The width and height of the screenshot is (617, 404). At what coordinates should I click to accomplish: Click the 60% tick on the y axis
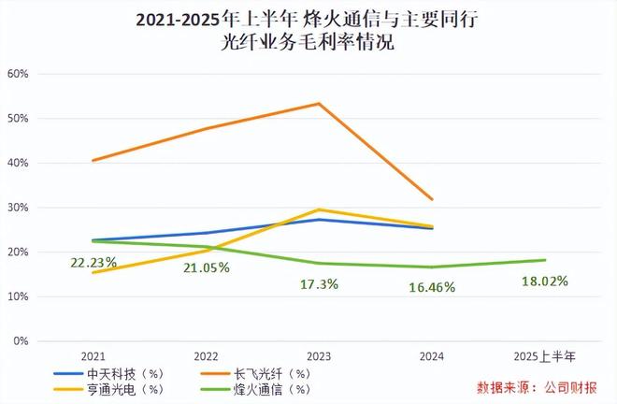(x=18, y=74)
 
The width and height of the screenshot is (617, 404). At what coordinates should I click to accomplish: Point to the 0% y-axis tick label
(x=21, y=340)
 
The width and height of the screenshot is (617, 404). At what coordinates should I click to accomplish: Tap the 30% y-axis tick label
(x=18, y=208)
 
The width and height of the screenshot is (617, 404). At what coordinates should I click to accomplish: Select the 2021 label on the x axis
(x=93, y=356)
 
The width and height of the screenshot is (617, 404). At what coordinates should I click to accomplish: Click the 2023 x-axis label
(x=319, y=356)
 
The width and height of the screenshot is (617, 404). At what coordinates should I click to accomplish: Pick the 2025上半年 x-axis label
(x=545, y=356)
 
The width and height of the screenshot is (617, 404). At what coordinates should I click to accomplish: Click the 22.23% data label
(x=93, y=263)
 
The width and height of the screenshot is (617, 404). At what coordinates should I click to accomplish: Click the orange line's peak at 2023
(x=319, y=103)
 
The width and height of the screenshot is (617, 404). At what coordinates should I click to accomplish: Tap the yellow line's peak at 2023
(x=319, y=209)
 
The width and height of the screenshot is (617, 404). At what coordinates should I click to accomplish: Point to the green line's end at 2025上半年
(x=545, y=260)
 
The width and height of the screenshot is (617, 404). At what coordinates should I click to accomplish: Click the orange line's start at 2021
(x=93, y=160)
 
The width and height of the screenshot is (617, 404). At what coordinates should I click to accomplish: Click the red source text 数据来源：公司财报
(x=537, y=386)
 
